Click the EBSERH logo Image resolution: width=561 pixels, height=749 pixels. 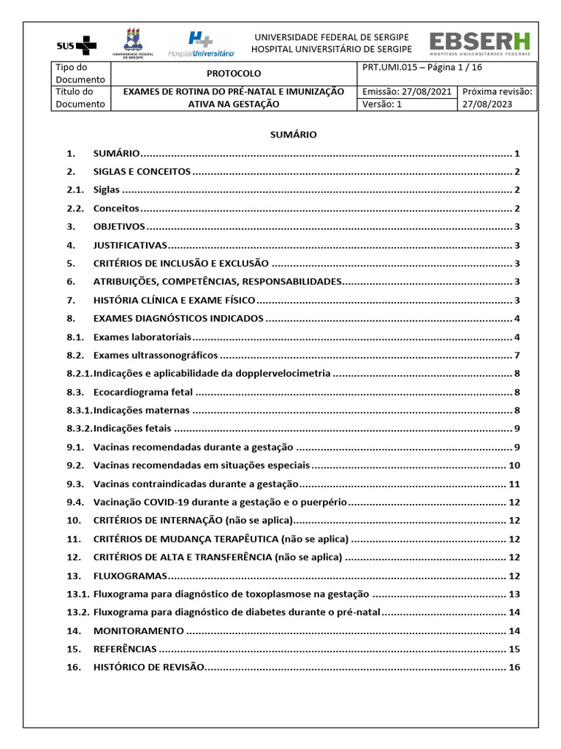(480, 44)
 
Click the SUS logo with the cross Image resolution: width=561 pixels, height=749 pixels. (77, 45)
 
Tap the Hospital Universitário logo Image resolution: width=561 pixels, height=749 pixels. (201, 44)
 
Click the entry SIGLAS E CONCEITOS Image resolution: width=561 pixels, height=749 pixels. (142, 172)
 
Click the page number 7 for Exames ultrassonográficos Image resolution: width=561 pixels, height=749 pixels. (516, 355)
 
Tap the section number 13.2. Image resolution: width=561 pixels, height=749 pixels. (77, 612)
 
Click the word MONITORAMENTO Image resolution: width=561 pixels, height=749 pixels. (139, 631)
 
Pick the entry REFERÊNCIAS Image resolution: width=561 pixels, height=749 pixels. (125, 649)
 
